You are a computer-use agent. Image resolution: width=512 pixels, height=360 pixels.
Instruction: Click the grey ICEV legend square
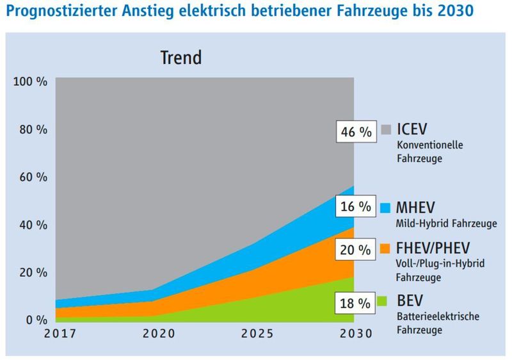pyautogui.click(x=385, y=129)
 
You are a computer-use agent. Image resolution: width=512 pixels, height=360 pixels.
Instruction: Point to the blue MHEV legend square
pyautogui.click(x=385, y=207)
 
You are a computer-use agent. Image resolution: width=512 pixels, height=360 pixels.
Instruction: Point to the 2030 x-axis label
pyautogui.click(x=354, y=333)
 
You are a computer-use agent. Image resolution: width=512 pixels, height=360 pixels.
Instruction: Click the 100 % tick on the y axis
pyautogui.click(x=31, y=82)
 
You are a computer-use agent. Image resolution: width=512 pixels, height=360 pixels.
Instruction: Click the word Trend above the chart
pyautogui.click(x=180, y=58)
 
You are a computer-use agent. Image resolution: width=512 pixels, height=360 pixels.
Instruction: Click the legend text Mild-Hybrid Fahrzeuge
pyautogui.click(x=447, y=223)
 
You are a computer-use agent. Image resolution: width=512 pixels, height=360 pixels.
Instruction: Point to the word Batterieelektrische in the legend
pyautogui.click(x=436, y=316)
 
